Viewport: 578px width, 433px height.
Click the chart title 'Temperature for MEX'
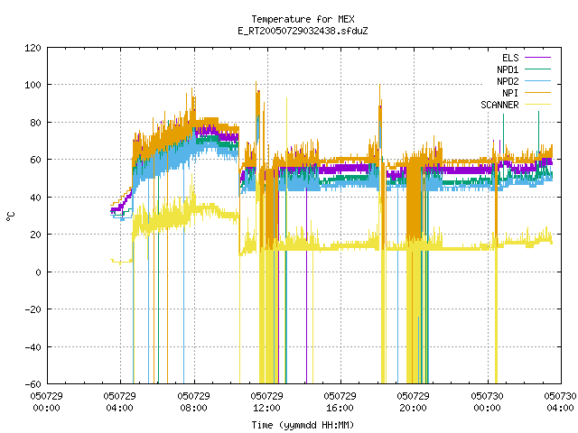303,19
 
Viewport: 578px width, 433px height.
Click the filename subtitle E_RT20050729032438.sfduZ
303,31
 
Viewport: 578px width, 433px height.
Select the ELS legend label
510,58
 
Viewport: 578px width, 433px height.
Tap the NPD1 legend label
508,69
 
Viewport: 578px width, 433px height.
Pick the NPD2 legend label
508,81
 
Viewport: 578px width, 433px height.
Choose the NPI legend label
510,93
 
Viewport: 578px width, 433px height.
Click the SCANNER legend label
499,105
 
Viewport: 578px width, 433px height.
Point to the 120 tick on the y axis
33,48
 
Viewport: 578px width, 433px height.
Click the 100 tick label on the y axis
33,85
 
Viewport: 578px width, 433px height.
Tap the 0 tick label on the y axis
38,272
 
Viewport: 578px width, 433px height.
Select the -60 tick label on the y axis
33,384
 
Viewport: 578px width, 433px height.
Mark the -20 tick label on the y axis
33,309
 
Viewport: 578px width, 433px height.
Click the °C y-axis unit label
10,216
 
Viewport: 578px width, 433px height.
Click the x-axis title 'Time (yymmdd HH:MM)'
303,425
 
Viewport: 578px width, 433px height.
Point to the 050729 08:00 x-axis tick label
193,402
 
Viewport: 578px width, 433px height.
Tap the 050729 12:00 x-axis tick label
267,402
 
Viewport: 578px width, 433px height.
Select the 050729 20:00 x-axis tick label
414,402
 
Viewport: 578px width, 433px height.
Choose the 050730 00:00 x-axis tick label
487,402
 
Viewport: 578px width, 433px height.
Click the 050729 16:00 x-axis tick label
340,402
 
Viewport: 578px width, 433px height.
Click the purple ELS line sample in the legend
538,58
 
